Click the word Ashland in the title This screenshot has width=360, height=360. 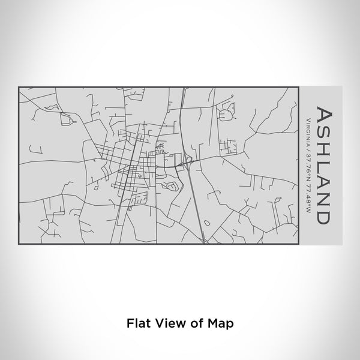325,165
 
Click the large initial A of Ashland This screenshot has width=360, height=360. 325,116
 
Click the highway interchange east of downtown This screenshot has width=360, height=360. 188,160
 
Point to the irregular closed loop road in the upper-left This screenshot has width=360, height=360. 66,118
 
